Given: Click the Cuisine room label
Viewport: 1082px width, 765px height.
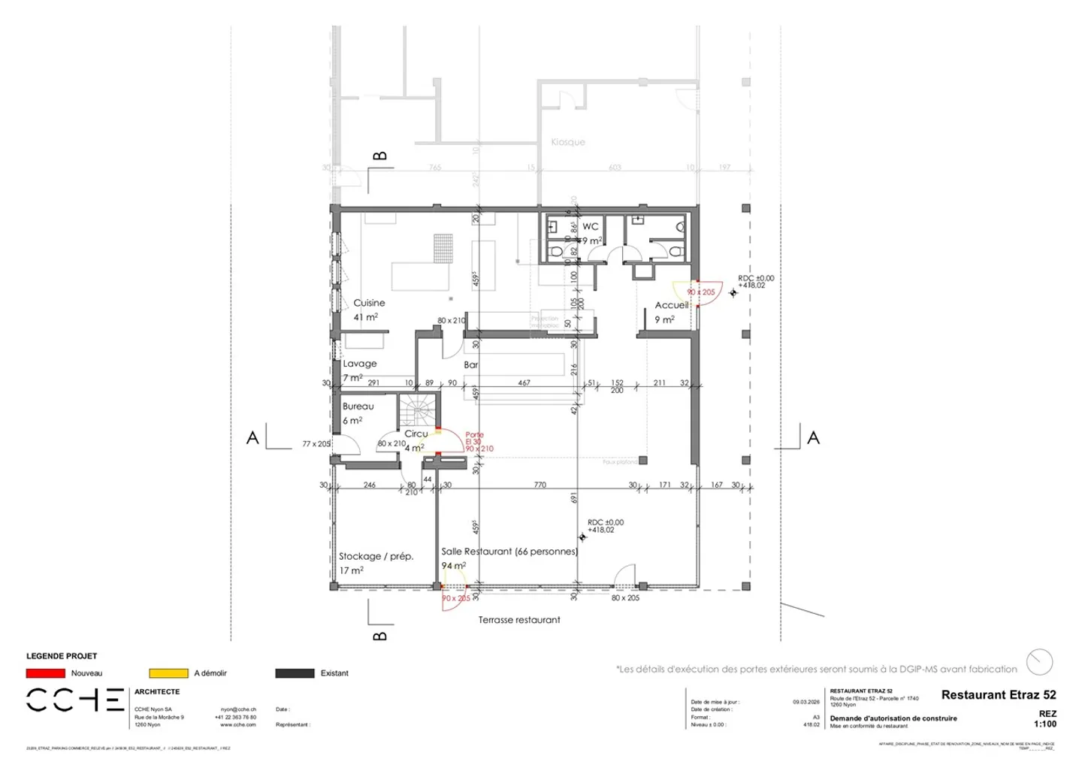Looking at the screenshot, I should click(x=369, y=303).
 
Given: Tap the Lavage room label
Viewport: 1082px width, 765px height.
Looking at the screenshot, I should click(x=360, y=364).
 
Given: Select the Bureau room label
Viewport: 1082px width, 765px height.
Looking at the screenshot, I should click(x=358, y=407).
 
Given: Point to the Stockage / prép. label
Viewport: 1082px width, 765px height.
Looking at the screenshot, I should click(x=376, y=557).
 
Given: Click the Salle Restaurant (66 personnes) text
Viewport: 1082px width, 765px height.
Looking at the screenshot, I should click(x=509, y=552).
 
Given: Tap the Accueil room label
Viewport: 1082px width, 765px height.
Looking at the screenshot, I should click(x=671, y=305).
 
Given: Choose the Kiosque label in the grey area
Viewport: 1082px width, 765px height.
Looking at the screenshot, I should click(x=567, y=142).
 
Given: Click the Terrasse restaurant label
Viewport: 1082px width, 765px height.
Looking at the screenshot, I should click(x=519, y=620).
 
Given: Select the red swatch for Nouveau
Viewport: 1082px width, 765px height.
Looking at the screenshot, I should click(x=45, y=673).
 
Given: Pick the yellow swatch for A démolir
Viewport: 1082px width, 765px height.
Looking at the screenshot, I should click(x=168, y=673).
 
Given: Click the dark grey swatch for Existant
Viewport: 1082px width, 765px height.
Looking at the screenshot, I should click(x=295, y=673).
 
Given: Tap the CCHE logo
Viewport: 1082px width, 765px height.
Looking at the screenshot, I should click(x=75, y=700).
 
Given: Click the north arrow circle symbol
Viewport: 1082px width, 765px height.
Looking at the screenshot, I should click(x=1040, y=662).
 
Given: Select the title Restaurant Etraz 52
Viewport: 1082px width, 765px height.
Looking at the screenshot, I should click(x=998, y=695).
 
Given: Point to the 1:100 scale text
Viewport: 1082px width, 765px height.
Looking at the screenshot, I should click(x=1044, y=724).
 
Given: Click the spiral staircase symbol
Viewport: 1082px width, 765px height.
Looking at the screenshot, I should click(x=418, y=412).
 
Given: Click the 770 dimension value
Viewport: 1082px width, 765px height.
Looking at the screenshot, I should click(x=539, y=485).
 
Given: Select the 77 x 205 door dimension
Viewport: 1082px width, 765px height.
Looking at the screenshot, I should click(x=316, y=444).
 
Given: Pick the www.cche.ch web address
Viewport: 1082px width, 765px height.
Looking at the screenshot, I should click(x=237, y=725).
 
